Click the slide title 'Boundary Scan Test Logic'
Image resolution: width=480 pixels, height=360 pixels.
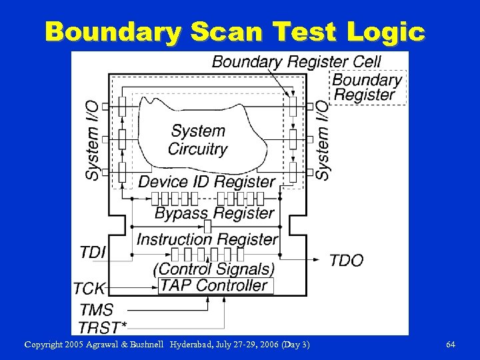pyautogui.click(x=235, y=31)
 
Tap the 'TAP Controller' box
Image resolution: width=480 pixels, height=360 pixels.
pyautogui.click(x=214, y=286)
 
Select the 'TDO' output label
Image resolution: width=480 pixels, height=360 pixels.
pyautogui.click(x=346, y=260)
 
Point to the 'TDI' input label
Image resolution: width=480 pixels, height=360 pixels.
pyautogui.click(x=93, y=252)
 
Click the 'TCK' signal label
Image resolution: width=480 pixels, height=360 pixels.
pyautogui.click(x=89, y=289)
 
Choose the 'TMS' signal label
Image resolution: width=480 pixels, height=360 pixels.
pyautogui.click(x=96, y=310)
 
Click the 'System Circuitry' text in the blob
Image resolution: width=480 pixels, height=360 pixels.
pyautogui.click(x=198, y=140)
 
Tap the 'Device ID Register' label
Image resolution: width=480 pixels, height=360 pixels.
pyautogui.click(x=207, y=181)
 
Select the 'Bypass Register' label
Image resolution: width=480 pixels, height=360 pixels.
pyautogui.click(x=215, y=213)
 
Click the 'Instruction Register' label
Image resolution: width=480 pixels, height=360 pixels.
pyautogui.click(x=207, y=239)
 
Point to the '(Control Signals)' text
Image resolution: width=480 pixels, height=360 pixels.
pyautogui.click(x=214, y=269)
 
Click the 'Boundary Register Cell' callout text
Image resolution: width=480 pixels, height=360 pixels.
pyautogui.click(x=296, y=62)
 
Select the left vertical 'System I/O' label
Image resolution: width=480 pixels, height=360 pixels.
pyautogui.click(x=93, y=139)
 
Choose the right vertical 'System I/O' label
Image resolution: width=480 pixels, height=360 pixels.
pyautogui.click(x=322, y=139)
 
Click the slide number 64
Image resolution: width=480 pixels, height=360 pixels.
pyautogui.click(x=451, y=345)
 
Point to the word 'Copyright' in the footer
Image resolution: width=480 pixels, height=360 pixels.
pyautogui.click(x=45, y=345)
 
